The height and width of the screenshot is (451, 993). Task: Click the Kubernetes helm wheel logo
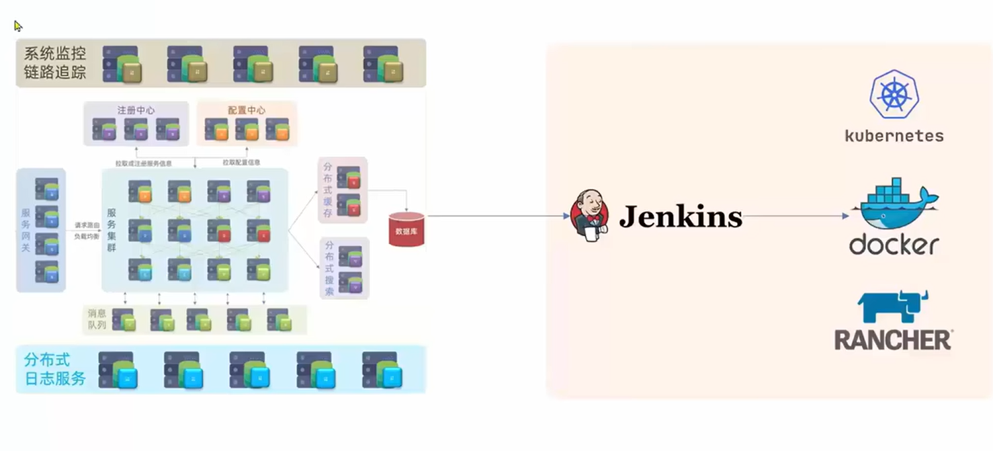[x=894, y=95]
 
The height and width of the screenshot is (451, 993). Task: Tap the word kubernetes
[x=894, y=136]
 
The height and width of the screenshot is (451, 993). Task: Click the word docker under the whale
[x=894, y=245]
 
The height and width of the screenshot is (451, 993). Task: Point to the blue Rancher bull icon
[x=894, y=307]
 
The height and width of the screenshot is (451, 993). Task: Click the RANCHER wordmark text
[x=892, y=341]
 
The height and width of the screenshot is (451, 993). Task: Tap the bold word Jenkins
[x=680, y=217]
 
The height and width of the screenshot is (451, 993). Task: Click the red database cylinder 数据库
[x=406, y=229]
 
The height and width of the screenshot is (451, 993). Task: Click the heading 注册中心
[x=136, y=110]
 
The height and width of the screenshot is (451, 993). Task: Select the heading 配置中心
[x=246, y=110]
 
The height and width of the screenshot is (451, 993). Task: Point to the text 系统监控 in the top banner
[x=55, y=54]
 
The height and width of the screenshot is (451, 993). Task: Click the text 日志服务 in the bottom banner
[x=55, y=379]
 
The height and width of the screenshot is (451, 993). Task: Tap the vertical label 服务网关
[x=26, y=230]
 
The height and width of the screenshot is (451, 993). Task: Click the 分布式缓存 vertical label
[x=327, y=190]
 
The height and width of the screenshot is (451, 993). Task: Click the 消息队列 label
[x=97, y=319]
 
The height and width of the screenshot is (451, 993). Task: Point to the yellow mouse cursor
[x=18, y=26]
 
